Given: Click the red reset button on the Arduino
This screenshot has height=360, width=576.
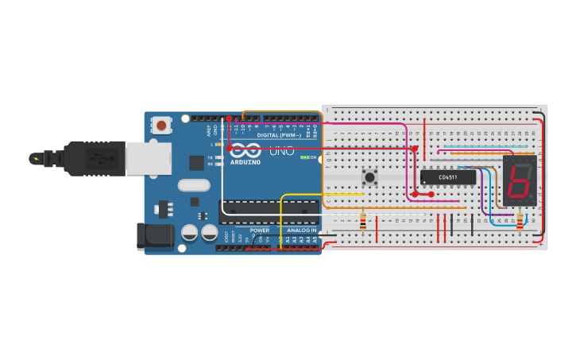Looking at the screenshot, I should [x=162, y=125].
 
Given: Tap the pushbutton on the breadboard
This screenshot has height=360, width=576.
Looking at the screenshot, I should [x=369, y=176].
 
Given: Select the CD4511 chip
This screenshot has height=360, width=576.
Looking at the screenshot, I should [x=448, y=177].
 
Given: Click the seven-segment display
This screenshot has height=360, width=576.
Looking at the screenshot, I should [x=520, y=180].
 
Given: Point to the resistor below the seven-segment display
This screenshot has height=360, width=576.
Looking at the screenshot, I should [x=520, y=222].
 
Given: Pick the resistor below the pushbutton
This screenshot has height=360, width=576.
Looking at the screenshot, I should [x=363, y=222].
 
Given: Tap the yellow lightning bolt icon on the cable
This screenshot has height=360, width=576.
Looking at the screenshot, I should [x=35, y=158].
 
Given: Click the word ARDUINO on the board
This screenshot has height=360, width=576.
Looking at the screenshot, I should [x=245, y=162].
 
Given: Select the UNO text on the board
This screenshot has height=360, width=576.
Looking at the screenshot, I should [x=281, y=151].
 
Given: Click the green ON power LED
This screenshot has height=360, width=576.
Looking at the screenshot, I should [x=307, y=157].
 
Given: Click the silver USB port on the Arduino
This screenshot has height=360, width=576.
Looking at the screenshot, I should [x=148, y=158].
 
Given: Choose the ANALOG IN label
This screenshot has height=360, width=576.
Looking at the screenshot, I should [x=302, y=230].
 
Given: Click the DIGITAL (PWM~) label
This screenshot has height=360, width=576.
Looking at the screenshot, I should [x=278, y=135].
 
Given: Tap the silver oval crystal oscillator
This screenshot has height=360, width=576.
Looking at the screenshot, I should [x=193, y=185].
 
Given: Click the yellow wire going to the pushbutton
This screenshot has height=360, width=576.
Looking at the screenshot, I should [x=318, y=194].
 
